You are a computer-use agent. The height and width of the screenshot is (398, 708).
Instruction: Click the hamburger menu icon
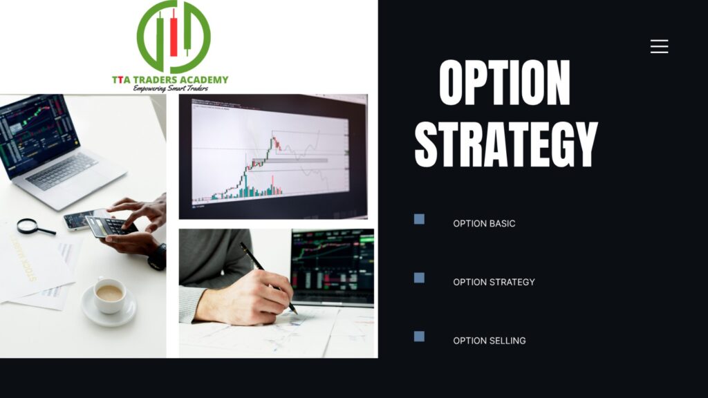(x=659, y=46)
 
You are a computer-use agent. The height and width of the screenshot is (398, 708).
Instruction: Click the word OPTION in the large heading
(x=504, y=83)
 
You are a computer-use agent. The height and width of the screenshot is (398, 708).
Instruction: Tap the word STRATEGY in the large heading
(x=506, y=144)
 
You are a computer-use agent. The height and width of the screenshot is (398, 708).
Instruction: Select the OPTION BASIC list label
(x=484, y=223)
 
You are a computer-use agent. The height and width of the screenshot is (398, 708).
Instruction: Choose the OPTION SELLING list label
(x=490, y=341)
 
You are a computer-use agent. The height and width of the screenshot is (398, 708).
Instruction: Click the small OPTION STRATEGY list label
(x=494, y=282)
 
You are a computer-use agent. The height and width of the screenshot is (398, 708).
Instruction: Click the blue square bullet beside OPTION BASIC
(x=419, y=219)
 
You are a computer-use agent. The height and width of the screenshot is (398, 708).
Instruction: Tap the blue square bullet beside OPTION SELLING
(x=419, y=337)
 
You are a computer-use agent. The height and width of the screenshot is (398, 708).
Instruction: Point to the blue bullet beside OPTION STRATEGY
(x=419, y=278)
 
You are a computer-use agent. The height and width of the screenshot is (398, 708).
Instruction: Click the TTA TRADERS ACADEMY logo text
(x=170, y=80)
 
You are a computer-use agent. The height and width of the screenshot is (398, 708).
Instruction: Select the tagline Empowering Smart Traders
(x=171, y=88)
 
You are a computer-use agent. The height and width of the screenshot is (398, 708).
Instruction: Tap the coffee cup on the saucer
(x=109, y=296)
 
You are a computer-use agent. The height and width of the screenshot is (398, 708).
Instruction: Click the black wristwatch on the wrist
(x=158, y=257)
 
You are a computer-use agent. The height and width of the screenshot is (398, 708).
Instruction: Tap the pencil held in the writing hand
(x=268, y=277)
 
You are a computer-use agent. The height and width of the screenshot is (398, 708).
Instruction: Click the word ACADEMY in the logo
(x=206, y=80)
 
